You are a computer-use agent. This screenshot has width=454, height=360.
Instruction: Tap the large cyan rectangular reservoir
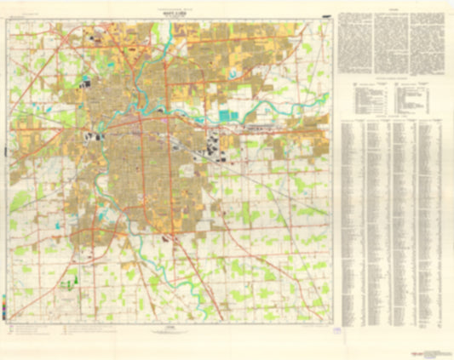[225, 115]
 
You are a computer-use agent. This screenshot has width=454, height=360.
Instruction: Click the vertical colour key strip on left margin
[5, 303]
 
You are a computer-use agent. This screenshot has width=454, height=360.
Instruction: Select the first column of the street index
[352, 221]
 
